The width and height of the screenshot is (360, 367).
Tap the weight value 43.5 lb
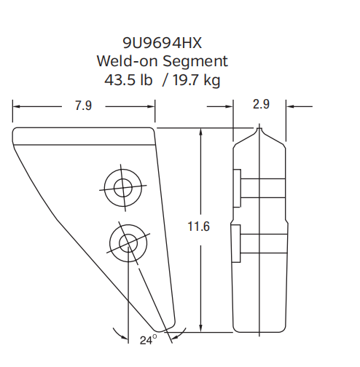pyautogui.click(x=130, y=79)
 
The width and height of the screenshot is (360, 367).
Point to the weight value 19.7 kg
pyautogui.click(x=193, y=79)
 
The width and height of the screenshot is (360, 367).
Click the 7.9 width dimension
pyautogui.click(x=83, y=106)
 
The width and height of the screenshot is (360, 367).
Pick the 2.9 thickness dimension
pyautogui.click(x=261, y=105)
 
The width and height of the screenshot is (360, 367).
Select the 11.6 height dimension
pyautogui.click(x=198, y=227)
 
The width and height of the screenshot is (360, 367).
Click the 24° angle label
pyautogui.click(x=148, y=340)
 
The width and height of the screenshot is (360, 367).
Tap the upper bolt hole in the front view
pyautogui.click(x=119, y=186)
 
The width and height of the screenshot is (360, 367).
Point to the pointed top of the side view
pyautogui.click(x=260, y=129)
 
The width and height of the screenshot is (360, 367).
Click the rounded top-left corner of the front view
pyautogui.click(x=16, y=132)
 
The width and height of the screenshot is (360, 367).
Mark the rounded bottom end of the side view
pyautogui.click(x=260, y=331)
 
